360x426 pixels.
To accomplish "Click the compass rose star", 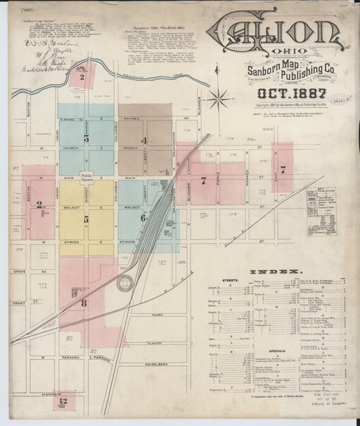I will (x=217, y=101).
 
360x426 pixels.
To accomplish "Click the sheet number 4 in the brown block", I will (x=143, y=141).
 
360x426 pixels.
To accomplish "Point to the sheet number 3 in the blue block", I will (x=86, y=138).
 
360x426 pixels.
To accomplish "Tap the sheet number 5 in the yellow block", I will (x=86, y=219).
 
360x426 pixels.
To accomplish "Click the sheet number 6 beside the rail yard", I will (x=143, y=217).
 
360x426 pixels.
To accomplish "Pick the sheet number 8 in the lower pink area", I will (x=84, y=303).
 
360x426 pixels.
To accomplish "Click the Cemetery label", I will (x=43, y=134).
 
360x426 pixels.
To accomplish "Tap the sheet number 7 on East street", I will (x=283, y=169).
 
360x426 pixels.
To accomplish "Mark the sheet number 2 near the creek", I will (x=81, y=76).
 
